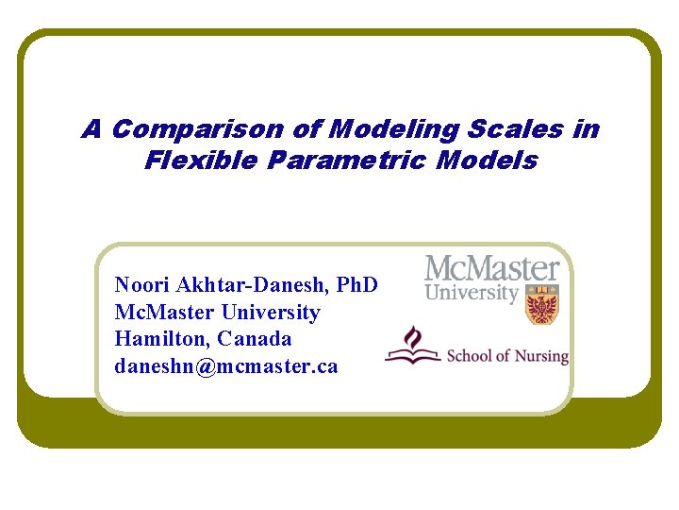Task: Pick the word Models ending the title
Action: tap(489, 161)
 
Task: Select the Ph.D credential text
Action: tap(357, 284)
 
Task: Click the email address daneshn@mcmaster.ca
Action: tap(225, 365)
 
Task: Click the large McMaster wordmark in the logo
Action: tap(491, 269)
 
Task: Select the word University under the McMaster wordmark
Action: tap(472, 293)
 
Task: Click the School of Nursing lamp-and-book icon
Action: tap(413, 346)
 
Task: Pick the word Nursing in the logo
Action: tap(541, 356)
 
